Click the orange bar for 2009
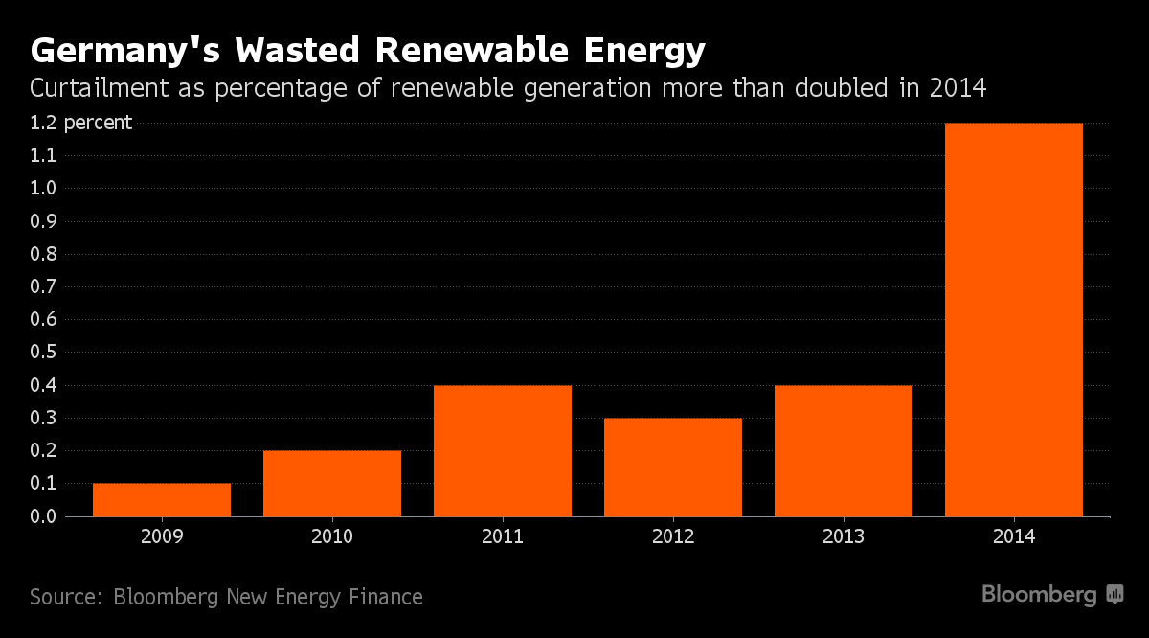coord(162,499)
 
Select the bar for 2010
coord(332,483)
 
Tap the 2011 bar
coord(503,450)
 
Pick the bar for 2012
coord(673,467)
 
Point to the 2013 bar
coord(844,450)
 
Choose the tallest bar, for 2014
coord(1014,319)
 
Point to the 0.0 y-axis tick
coord(44,516)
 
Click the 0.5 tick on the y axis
coord(44,353)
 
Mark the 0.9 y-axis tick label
coord(44,221)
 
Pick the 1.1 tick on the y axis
coord(44,155)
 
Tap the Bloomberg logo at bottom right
coord(1051,595)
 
